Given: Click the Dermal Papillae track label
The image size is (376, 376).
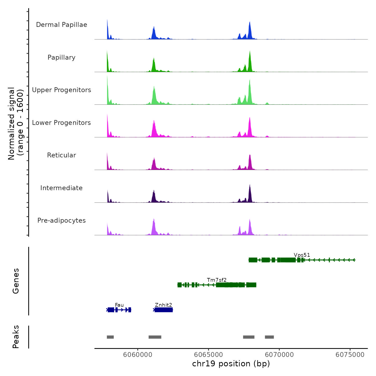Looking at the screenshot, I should pos(62,25).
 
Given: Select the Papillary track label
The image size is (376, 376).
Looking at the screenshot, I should pos(62,57).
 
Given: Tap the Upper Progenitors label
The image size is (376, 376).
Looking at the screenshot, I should pos(62,90).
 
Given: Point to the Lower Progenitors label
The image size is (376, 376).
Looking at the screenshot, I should pos(62,123).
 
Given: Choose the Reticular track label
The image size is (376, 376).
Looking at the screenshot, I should pos(62,155).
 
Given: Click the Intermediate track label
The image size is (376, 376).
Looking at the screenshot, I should pos(62,188).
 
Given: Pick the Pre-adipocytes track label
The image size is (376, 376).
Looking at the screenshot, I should pos(62,220).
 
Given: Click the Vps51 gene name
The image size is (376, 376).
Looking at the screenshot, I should pos(302,255).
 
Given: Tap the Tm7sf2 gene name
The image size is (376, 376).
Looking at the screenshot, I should pos(217,280).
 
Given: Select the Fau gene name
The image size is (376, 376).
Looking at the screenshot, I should pos(119,305).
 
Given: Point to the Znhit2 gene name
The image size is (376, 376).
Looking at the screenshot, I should pos(163,305).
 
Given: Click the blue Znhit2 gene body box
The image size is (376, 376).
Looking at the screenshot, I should pos(164,310).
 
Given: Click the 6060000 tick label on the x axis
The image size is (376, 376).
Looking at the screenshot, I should pos(138,355).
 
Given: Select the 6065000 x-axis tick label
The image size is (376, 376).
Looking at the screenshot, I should pos(208,355).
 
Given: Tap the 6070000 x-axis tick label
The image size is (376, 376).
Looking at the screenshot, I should pos(279,355).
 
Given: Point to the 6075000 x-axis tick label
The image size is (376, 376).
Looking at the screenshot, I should pos(350,355).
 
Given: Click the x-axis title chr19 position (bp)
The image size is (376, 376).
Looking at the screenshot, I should pos(231,364).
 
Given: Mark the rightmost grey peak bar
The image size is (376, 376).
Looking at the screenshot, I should pos(269,337).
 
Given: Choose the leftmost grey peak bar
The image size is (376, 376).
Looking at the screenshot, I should pos(110,337).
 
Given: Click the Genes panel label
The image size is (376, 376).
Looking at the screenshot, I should pos(16,281).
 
